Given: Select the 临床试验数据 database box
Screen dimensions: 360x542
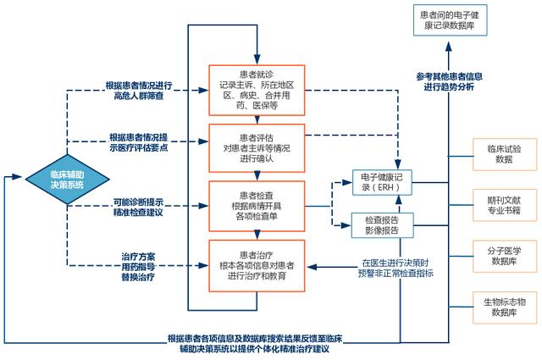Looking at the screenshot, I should point(505,153).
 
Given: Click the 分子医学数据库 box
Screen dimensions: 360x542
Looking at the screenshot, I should point(505,255).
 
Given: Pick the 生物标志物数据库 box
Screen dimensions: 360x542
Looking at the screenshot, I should point(505,307).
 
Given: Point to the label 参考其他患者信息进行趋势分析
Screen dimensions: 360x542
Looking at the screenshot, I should point(450,80).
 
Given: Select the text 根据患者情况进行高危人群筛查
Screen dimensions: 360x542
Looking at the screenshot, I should point(139,91).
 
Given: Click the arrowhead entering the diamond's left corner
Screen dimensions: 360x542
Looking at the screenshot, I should point(20,177).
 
